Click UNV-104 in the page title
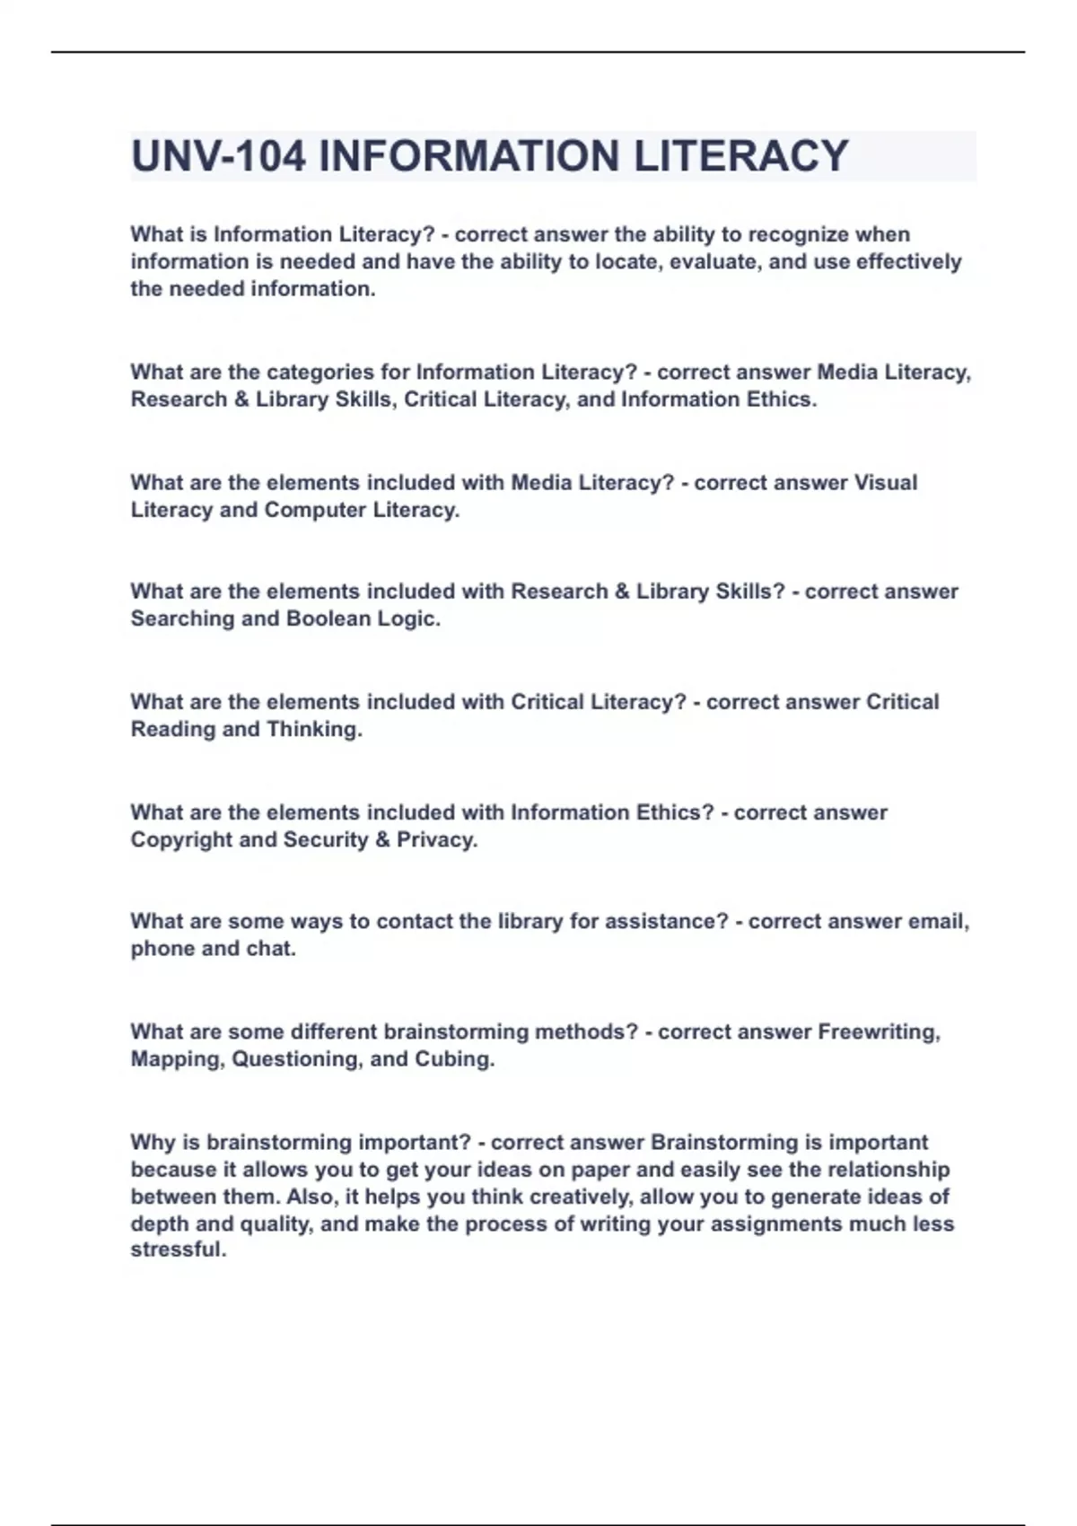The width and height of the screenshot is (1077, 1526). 218,156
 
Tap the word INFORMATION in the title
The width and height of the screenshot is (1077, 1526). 469,156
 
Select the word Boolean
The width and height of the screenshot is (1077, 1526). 328,618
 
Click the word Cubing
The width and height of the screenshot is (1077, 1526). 454,1059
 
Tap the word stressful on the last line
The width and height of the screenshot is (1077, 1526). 179,1250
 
